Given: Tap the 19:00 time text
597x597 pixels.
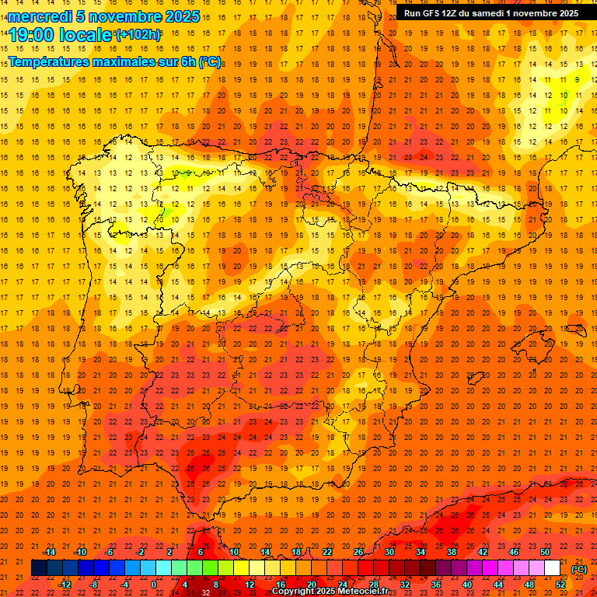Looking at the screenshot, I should (30, 34).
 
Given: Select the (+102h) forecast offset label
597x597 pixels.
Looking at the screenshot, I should (138, 34).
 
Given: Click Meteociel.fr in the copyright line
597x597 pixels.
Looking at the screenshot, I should (363, 592).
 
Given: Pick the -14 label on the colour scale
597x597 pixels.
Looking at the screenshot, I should (49, 552).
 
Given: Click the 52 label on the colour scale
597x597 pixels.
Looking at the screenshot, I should (560, 584).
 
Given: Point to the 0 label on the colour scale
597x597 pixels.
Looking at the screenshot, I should (155, 584).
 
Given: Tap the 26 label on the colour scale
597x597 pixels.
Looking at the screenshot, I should (358, 552).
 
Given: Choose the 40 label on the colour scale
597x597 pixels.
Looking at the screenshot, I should (466, 584).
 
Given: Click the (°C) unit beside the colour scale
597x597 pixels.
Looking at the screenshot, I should (579, 569).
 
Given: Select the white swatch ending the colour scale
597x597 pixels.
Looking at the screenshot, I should (552, 568).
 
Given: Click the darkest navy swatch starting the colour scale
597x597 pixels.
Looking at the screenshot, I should (39, 568).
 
